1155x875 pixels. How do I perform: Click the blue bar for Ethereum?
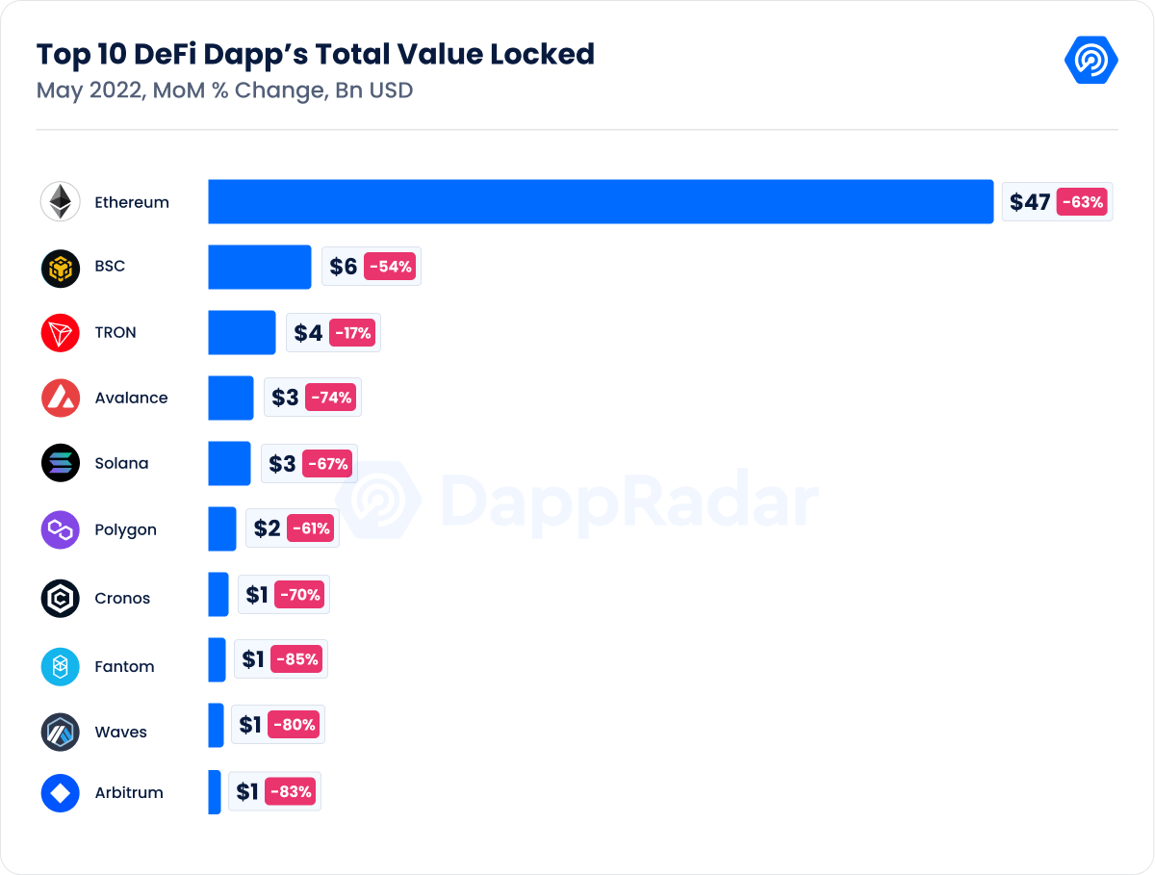(601, 201)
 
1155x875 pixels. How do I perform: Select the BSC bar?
(259, 267)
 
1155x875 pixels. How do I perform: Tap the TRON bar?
(242, 332)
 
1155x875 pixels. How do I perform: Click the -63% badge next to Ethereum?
(1083, 202)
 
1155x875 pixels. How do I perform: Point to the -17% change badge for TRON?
(352, 333)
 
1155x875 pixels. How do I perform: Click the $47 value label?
(1029, 202)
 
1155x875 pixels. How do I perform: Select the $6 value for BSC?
(343, 267)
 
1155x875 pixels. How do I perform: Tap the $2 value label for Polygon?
(267, 528)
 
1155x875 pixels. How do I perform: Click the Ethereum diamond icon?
(61, 202)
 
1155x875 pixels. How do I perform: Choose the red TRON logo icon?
(61, 332)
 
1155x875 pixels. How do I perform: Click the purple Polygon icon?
(61, 529)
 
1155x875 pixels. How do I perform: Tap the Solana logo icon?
(61, 463)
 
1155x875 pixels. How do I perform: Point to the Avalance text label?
(131, 398)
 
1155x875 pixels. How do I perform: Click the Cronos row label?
(122, 598)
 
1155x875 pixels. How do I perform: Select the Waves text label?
(120, 732)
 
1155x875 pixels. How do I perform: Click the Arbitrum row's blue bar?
(215, 792)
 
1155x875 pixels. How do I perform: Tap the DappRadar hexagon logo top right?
(1091, 60)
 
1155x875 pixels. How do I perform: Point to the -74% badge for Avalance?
(330, 397)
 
